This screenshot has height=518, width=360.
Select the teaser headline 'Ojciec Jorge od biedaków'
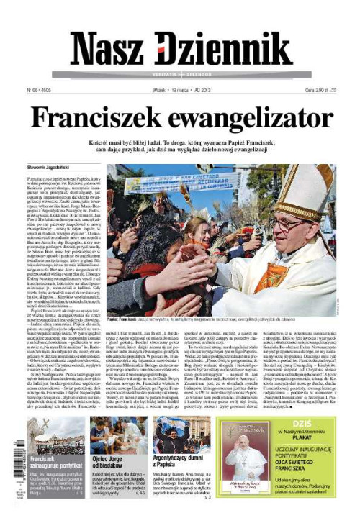click(x=117, y=463)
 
